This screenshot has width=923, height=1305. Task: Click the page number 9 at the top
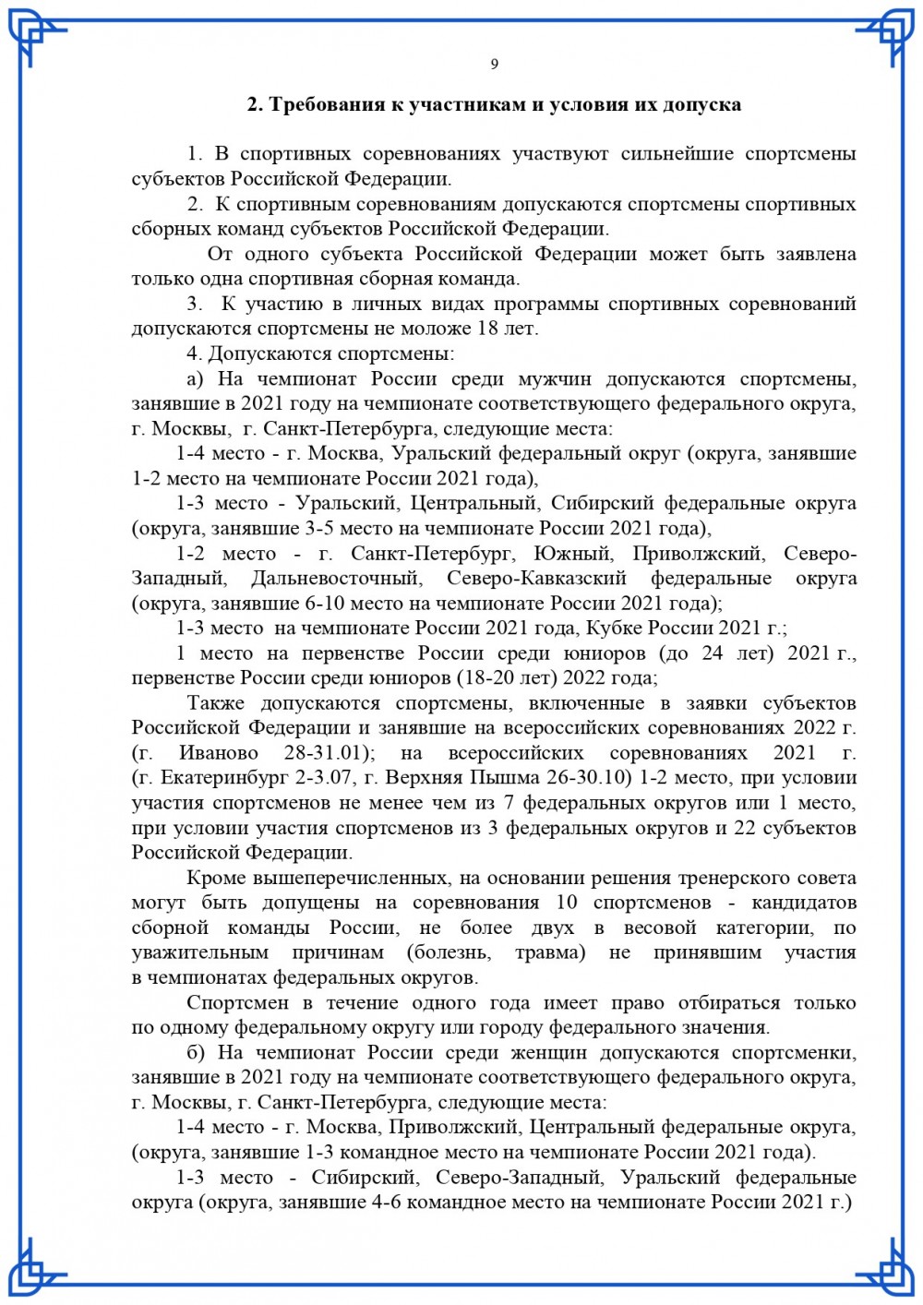494,64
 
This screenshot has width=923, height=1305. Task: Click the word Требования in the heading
322,104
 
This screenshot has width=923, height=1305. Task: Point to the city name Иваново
219,753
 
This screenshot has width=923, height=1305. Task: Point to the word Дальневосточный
336,579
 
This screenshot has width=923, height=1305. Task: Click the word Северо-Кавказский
536,579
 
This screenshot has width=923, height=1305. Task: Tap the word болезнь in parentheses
449,952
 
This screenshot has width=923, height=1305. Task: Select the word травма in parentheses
550,952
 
